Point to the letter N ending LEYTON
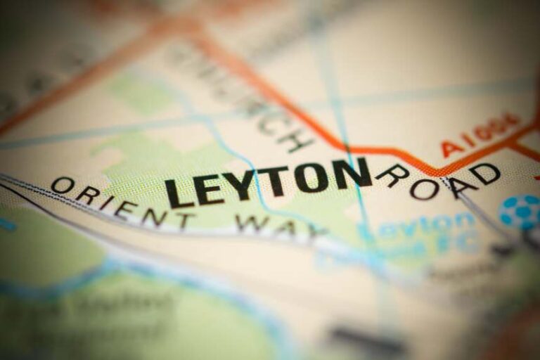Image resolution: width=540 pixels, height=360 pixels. point(354,173)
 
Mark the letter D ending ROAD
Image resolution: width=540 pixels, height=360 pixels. point(486,172)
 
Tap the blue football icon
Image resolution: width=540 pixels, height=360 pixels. point(520,212)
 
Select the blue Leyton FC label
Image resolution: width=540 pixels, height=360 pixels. point(422,236)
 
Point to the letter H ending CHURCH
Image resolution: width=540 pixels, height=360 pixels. point(296,139)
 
